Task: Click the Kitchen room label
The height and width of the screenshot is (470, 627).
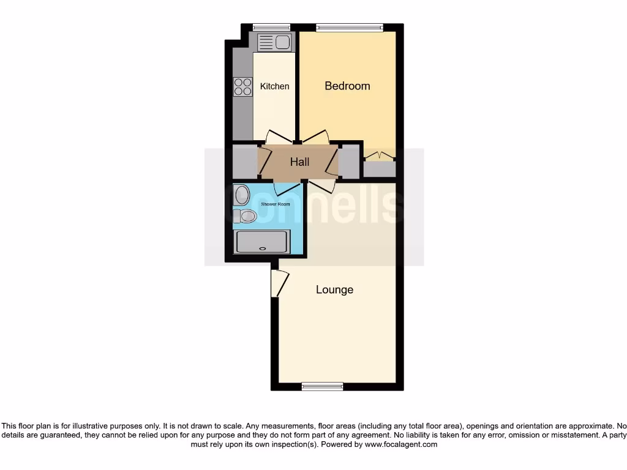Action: pos(274,86)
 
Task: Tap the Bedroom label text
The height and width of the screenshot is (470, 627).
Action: pos(347,86)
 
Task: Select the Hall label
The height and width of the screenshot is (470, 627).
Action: pos(299,162)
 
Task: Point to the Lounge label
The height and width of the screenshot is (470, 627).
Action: pos(334,289)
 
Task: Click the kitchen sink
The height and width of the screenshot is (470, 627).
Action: pos(274,42)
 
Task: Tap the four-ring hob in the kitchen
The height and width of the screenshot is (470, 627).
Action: pos(242,86)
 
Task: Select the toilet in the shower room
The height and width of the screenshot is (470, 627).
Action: pos(244,215)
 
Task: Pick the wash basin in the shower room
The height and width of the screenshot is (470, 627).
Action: pos(241,195)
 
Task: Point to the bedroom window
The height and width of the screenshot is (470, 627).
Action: pos(349,27)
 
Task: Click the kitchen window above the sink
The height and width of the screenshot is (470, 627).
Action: pos(271,27)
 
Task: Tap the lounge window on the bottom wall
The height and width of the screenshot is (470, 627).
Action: pos(323,386)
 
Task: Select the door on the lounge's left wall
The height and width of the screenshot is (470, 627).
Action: pos(279,283)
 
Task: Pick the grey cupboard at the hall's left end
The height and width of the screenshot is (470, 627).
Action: pos(244,162)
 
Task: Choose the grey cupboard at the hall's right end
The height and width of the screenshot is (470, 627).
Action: pos(349,162)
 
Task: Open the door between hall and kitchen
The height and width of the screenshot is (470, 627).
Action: pos(279,137)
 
